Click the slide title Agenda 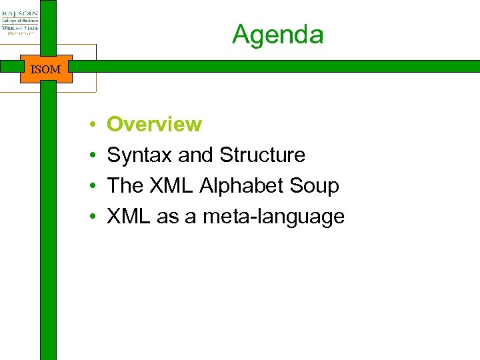point(277,34)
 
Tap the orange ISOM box point(46,69)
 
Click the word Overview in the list point(154,124)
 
